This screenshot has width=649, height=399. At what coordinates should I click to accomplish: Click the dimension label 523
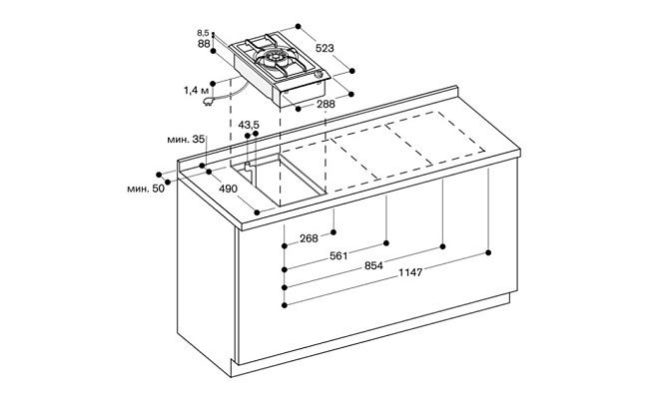[324, 48]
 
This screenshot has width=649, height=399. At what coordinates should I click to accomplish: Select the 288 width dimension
[325, 104]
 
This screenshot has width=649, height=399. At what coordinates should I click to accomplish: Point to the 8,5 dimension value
[203, 33]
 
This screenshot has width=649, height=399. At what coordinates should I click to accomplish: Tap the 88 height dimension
[204, 44]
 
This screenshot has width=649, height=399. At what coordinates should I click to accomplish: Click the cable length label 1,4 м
[196, 91]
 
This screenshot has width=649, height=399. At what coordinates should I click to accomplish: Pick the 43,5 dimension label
[249, 125]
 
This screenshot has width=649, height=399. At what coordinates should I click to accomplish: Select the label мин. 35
[186, 140]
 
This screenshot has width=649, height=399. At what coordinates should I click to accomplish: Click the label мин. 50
[146, 189]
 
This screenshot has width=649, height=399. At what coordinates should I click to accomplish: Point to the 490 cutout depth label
[228, 189]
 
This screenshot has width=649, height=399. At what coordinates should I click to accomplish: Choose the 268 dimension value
[309, 238]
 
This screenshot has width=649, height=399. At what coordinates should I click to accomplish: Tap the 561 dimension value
[338, 256]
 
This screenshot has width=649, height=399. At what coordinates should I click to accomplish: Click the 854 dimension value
[373, 266]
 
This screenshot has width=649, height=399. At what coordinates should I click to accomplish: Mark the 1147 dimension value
[410, 273]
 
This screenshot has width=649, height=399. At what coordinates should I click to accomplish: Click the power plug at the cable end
[208, 101]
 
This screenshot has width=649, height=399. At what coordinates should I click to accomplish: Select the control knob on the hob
[320, 75]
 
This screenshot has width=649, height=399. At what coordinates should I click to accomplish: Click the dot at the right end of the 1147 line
[488, 252]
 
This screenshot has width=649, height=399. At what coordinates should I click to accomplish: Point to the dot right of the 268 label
[333, 232]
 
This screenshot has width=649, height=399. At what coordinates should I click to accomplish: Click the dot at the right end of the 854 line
[443, 246]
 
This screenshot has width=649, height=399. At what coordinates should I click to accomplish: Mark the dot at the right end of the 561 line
[386, 243]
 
